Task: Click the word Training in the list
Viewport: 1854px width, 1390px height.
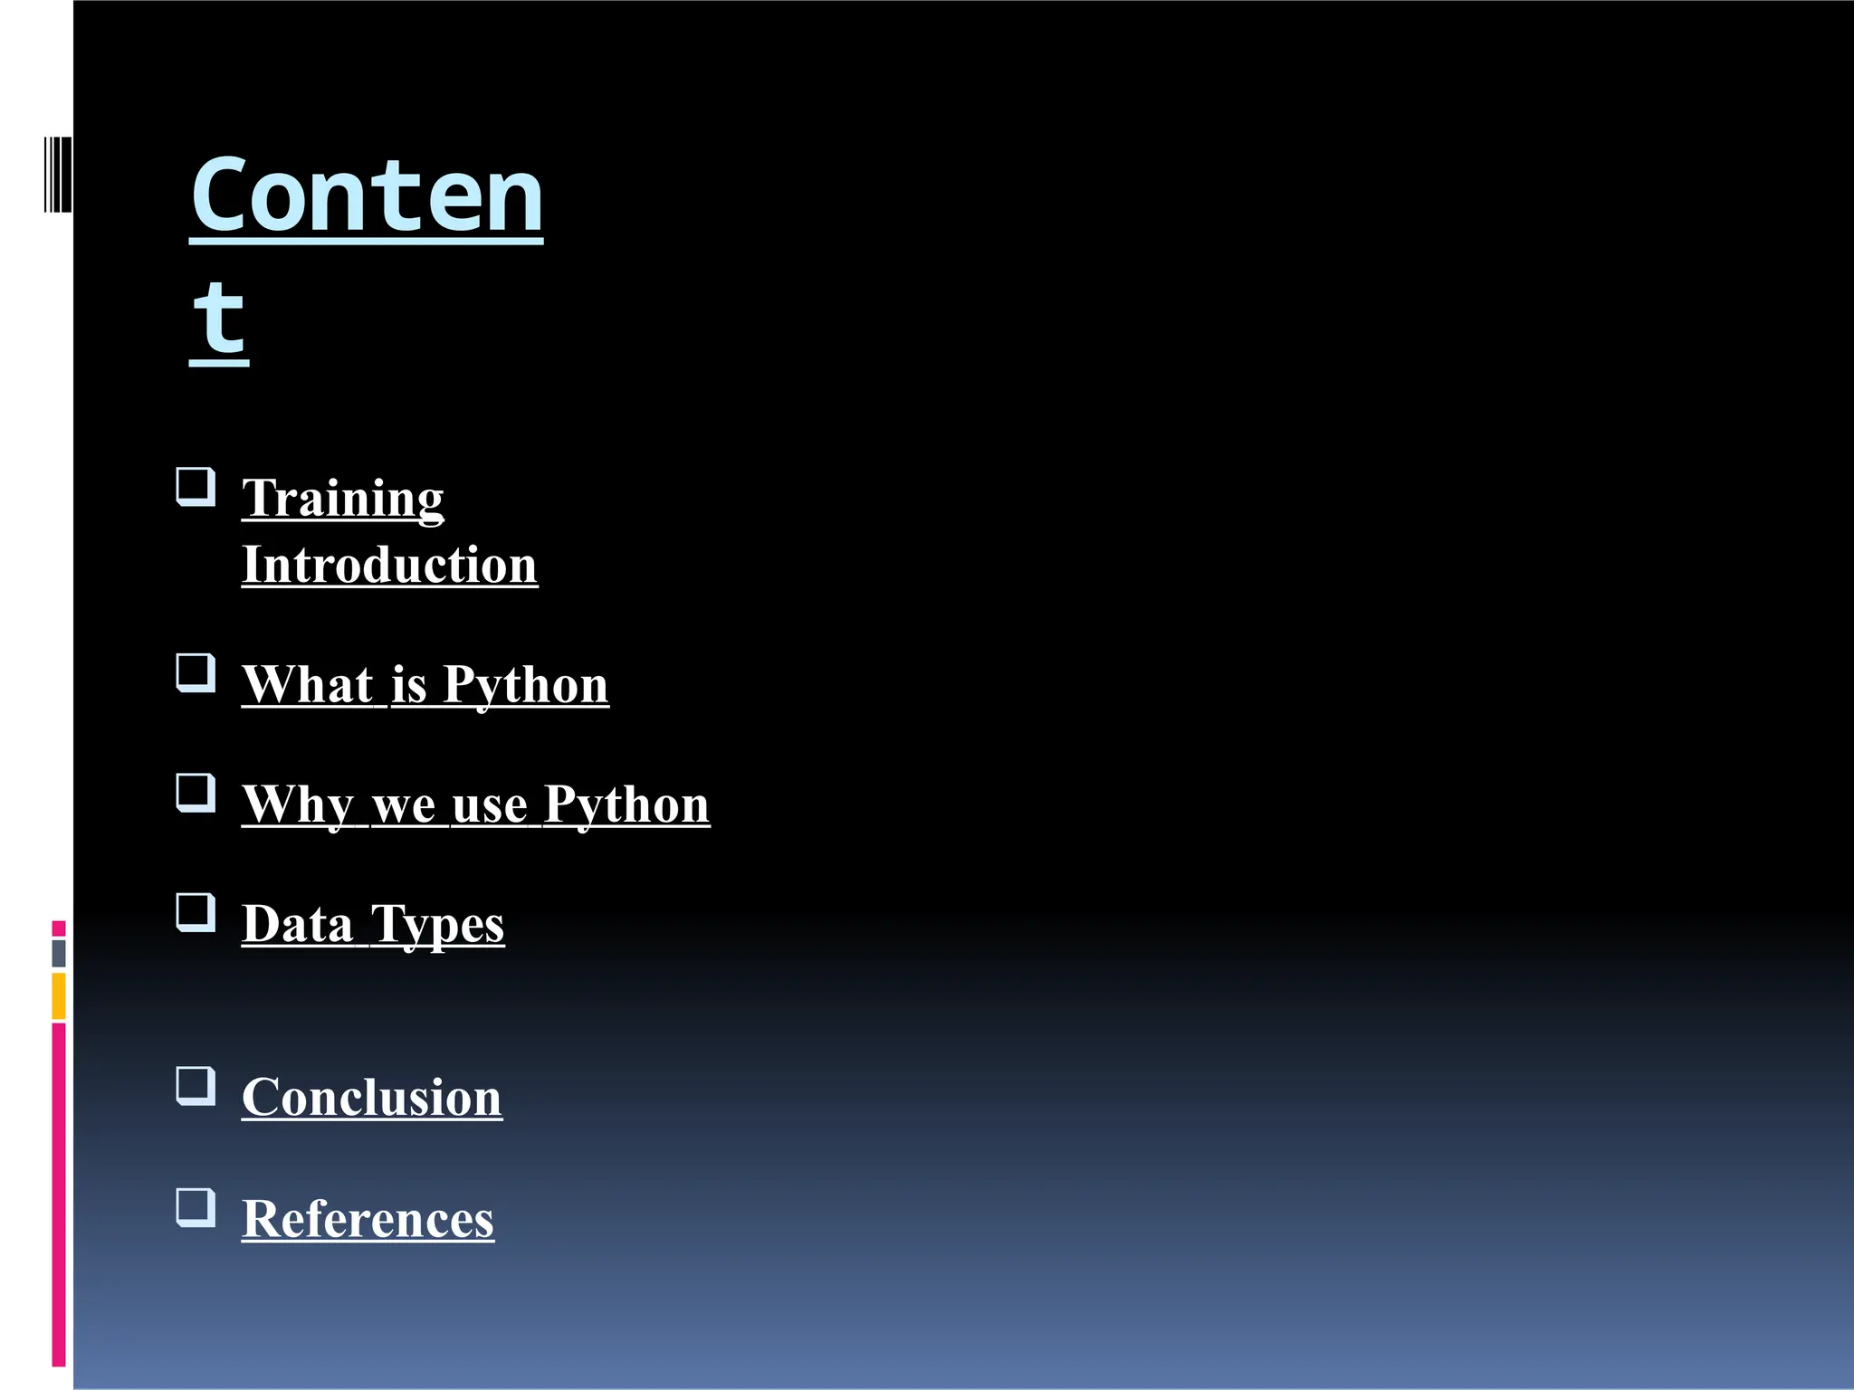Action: pyautogui.click(x=342, y=499)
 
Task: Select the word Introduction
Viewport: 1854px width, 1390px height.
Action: pyautogui.click(x=389, y=565)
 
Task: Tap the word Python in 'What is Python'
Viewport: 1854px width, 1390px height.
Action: pyautogui.click(x=525, y=685)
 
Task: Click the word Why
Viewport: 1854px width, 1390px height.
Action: pyautogui.click(x=298, y=804)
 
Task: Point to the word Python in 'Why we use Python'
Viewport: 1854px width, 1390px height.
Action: pyautogui.click(x=626, y=804)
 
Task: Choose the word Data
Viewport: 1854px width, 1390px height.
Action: pyautogui.click(x=297, y=924)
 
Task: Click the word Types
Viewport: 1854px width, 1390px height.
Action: pyautogui.click(x=437, y=926)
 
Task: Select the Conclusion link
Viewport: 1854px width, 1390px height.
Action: pyautogui.click(x=371, y=1098)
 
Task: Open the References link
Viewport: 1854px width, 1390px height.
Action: pyautogui.click(x=368, y=1218)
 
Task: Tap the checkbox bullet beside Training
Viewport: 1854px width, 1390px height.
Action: pyautogui.click(x=196, y=487)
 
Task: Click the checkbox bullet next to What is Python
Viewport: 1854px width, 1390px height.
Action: pyautogui.click(x=196, y=673)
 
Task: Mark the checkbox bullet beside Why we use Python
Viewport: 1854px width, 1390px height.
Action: pyautogui.click(x=196, y=793)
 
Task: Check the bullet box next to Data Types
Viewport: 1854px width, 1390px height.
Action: pyautogui.click(x=196, y=912)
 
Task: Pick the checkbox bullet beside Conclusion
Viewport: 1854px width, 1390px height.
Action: pyautogui.click(x=196, y=1086)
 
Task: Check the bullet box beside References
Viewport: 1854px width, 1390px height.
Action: pyautogui.click(x=196, y=1207)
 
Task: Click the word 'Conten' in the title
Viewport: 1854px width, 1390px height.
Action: pyautogui.click(x=366, y=195)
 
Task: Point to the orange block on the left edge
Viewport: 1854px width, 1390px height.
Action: pyautogui.click(x=59, y=996)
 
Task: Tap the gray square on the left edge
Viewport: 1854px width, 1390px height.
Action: pyautogui.click(x=59, y=954)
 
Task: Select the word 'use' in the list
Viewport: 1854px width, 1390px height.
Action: pyautogui.click(x=489, y=804)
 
